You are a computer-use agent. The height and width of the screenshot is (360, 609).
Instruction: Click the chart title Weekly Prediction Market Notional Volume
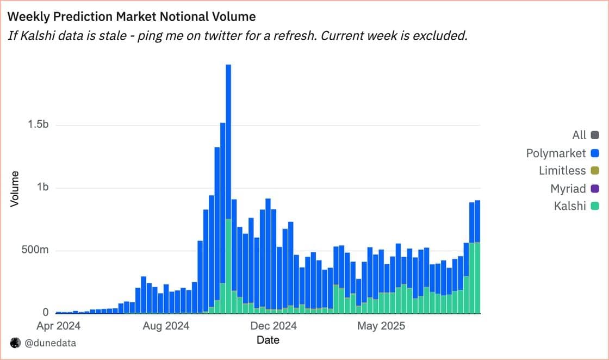(132, 17)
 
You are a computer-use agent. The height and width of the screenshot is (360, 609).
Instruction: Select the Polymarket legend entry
(556, 153)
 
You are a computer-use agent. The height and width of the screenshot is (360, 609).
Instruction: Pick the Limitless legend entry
(562, 171)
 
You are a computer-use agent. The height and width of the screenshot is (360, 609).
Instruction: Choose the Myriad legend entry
(568, 189)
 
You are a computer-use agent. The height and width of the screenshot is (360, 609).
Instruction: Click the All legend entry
(579, 135)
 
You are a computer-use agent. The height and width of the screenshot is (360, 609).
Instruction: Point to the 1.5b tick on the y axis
(38, 125)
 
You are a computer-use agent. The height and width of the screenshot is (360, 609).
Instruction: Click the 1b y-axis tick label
(42, 188)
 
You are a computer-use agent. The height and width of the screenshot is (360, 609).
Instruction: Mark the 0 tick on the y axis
(46, 313)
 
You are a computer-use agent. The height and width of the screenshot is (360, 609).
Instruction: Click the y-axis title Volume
(15, 188)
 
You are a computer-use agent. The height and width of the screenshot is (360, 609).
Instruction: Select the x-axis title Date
(268, 340)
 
